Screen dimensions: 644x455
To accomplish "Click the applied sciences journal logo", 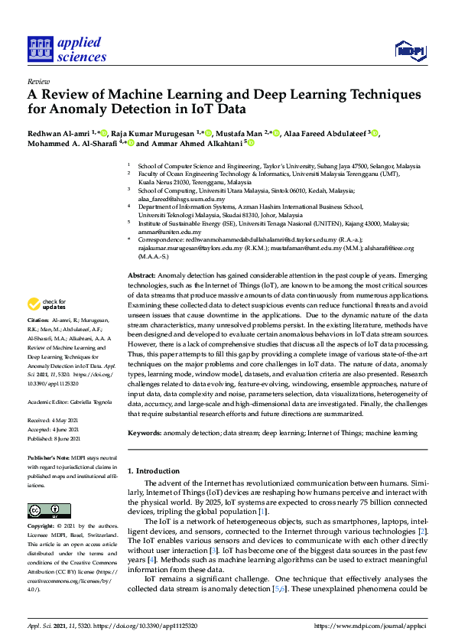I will [x=67, y=48].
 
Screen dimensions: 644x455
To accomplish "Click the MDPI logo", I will [x=410, y=50].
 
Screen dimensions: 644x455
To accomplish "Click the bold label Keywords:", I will [x=145, y=433].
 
